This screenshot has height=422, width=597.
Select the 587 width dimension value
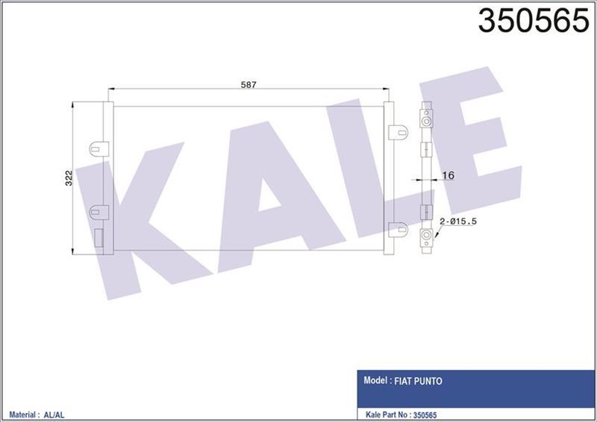pyautogui.click(x=249, y=85)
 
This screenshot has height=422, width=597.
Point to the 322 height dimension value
pyautogui.click(x=68, y=177)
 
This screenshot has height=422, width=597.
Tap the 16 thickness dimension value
pyautogui.click(x=448, y=175)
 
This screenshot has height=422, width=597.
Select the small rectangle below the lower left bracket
pyautogui.click(x=97, y=238)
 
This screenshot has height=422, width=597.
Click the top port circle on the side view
pyautogui.click(x=426, y=120)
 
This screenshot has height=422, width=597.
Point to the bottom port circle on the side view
pyautogui.click(x=426, y=238)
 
